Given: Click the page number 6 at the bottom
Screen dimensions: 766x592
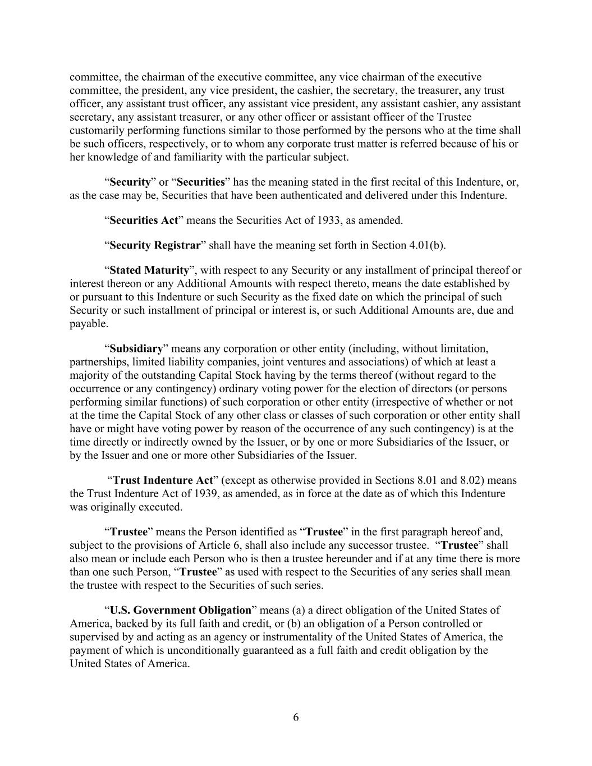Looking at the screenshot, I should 296,718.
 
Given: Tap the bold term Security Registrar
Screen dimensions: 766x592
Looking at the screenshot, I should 155,245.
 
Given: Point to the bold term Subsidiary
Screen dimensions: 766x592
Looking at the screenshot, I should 136,348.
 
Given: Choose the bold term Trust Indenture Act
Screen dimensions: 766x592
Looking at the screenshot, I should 163,480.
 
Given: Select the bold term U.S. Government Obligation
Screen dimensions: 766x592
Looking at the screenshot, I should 180,610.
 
